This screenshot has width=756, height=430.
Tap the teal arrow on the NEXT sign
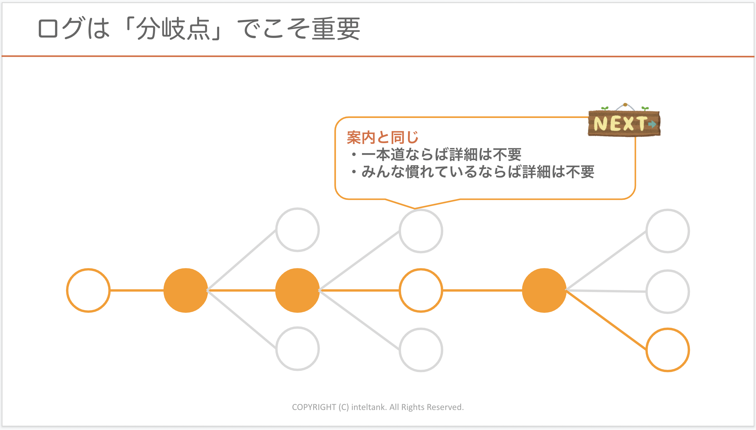(652, 124)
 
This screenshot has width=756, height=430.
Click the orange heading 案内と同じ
(383, 137)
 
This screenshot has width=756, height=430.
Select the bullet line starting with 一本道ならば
(437, 155)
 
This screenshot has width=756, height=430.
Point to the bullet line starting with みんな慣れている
(473, 172)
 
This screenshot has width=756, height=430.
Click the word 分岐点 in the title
(173, 29)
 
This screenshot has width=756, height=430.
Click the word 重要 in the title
(336, 29)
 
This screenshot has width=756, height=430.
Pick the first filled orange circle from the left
(186, 290)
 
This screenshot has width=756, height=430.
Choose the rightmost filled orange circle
(544, 290)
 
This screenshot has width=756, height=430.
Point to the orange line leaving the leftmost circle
(137, 290)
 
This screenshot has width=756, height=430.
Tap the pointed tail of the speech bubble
(415, 209)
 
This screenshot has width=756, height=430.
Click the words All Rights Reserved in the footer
(427, 407)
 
